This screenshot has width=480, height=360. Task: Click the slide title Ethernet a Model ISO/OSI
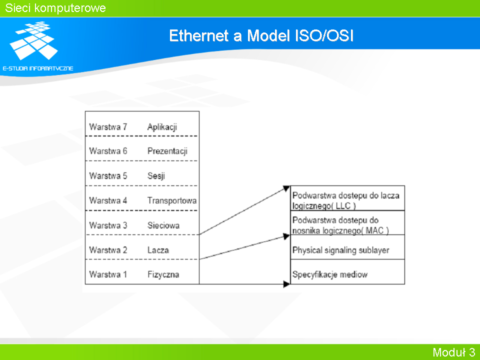tap(261, 35)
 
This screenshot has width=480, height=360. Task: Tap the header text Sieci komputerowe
tap(55, 8)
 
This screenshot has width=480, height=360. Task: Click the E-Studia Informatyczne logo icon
tap(33, 40)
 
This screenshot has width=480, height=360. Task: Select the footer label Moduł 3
tap(453, 352)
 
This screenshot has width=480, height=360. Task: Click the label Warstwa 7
tap(108, 126)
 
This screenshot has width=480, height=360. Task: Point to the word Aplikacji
tap(162, 127)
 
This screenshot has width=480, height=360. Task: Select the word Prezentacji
tap(167, 151)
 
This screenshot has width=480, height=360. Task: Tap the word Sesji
tap(156, 176)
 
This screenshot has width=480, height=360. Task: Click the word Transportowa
tap(172, 200)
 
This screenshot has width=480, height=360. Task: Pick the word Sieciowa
tap(163, 225)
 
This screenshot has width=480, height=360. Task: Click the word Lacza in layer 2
tap(158, 250)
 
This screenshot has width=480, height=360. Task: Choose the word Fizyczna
tap(163, 274)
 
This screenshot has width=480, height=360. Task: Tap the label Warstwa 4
tap(108, 200)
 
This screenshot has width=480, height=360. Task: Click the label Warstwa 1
tap(108, 274)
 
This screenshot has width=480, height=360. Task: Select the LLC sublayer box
tap(347, 198)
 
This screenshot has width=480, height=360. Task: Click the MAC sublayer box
tap(347, 222)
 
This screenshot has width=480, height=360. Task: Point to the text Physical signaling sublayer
tap(340, 250)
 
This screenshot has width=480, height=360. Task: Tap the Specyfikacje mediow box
tap(347, 272)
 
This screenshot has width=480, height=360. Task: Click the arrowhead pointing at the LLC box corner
tap(286, 188)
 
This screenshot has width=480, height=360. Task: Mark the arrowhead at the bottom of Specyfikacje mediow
tap(287, 284)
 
